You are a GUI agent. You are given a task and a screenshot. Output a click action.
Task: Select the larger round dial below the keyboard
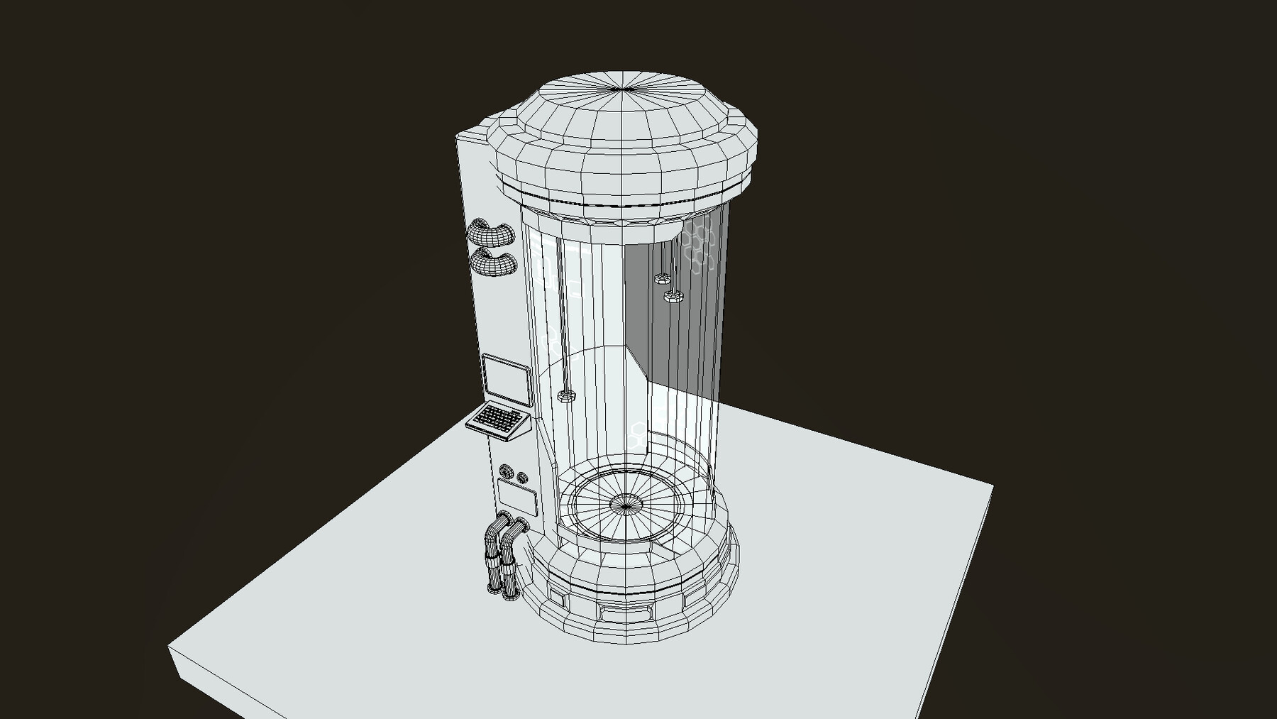pos(507,473)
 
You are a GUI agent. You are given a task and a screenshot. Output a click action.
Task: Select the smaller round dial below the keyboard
pos(523,478)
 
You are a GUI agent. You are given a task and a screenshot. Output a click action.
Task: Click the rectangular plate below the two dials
pos(516,495)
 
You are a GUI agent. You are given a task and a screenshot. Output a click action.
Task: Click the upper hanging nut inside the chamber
pos(663,278)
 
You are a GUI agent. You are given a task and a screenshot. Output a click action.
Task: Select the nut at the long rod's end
pos(565,396)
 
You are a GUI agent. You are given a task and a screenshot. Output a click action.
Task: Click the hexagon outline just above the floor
pos(639,429)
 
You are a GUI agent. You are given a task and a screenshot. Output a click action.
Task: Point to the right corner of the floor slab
pos(991,488)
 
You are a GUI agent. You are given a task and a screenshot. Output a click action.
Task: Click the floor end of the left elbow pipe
pos(494,589)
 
